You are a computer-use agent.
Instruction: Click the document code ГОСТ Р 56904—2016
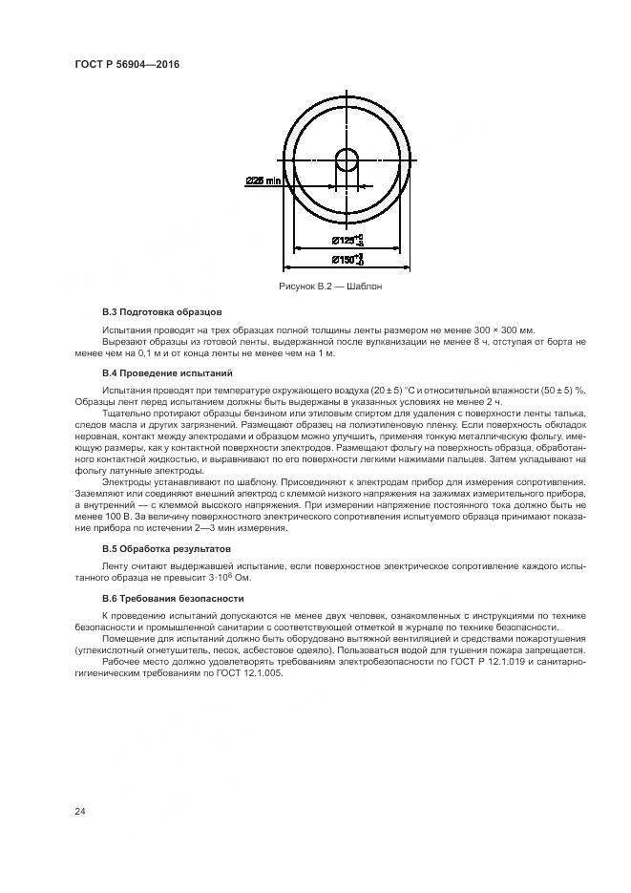(x=127, y=65)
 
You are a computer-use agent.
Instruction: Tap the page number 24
(x=80, y=812)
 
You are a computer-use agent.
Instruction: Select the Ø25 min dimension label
(x=263, y=180)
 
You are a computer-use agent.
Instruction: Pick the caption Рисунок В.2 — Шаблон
(x=330, y=286)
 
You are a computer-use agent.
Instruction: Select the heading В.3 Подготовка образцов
(x=161, y=312)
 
